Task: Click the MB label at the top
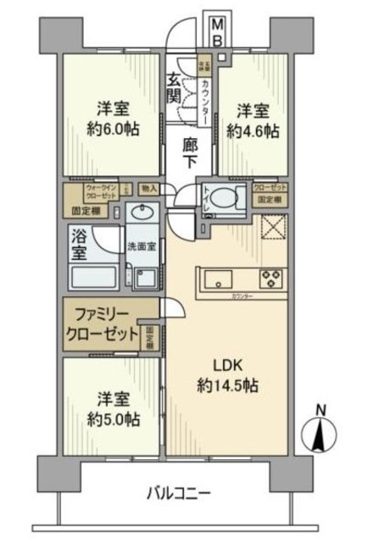(218, 31)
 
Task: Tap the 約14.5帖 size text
(225, 386)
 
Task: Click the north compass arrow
(320, 434)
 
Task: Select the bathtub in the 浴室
(94, 277)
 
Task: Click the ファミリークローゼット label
(103, 324)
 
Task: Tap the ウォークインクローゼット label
(90, 191)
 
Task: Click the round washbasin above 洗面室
(139, 212)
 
